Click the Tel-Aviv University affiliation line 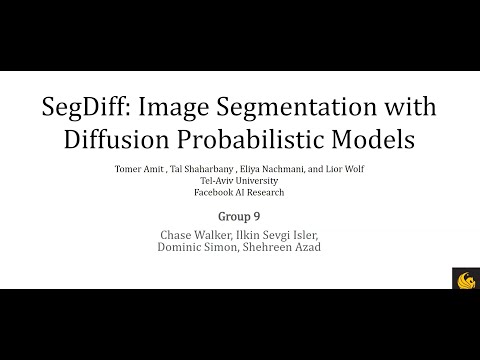click(239, 180)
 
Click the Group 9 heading click(240, 214)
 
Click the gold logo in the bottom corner click(466, 277)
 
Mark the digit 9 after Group click(259, 214)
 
